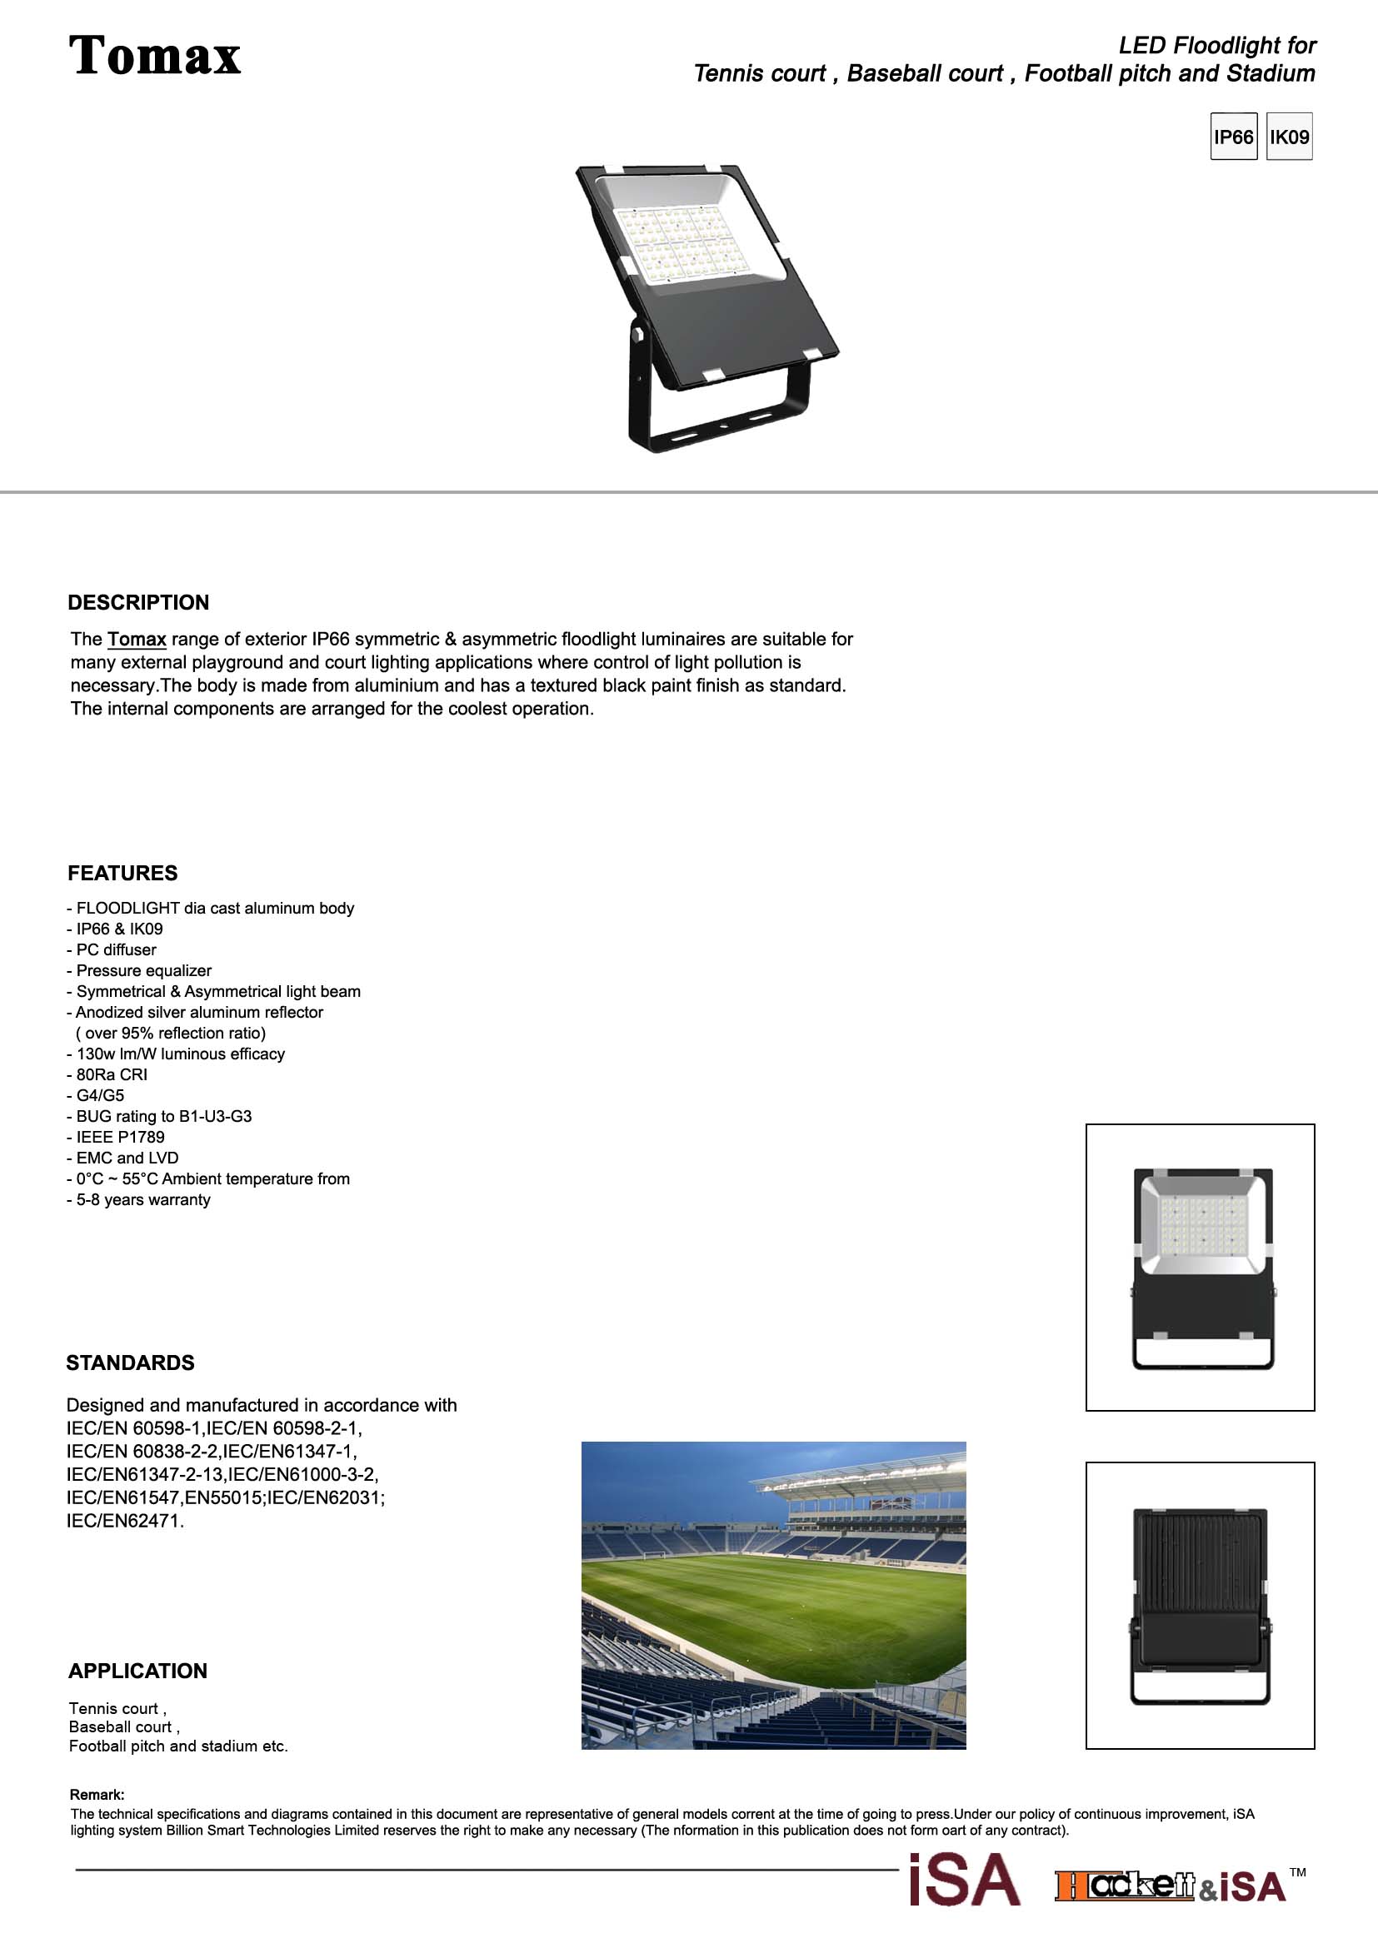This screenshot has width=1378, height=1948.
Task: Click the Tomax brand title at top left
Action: [x=154, y=56]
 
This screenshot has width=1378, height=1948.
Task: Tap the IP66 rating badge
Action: [x=1233, y=137]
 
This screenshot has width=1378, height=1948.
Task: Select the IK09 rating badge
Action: [x=1289, y=137]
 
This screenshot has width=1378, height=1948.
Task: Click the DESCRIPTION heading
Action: [x=138, y=602]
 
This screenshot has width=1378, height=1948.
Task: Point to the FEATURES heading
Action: [x=123, y=873]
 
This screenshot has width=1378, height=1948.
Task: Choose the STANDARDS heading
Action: [x=131, y=1363]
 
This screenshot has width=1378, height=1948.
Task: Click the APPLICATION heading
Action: [x=137, y=1671]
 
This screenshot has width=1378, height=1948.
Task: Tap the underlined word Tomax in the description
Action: [x=137, y=639]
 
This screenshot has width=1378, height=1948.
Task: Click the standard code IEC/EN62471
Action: [x=125, y=1521]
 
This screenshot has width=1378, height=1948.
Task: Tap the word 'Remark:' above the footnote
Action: [x=97, y=1795]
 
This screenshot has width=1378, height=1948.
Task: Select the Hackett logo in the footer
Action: [x=1125, y=1886]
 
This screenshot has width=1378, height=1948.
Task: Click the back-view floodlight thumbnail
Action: [x=1200, y=1605]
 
